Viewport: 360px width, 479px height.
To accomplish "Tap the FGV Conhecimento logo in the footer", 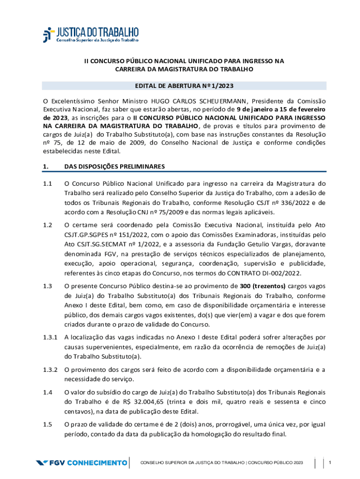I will (x=81, y=463).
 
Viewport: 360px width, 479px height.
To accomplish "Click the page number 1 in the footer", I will (x=330, y=463).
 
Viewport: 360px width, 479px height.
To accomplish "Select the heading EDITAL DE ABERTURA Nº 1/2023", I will (x=184, y=86).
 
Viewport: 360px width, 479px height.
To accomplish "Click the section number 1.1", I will (x=47, y=183).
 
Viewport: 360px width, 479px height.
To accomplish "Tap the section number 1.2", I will (x=47, y=225).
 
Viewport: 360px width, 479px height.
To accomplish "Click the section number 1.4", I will (x=47, y=392).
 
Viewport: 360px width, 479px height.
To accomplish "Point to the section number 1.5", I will (x=47, y=425).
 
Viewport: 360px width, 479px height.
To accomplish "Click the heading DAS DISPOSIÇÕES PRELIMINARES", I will (x=114, y=166).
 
